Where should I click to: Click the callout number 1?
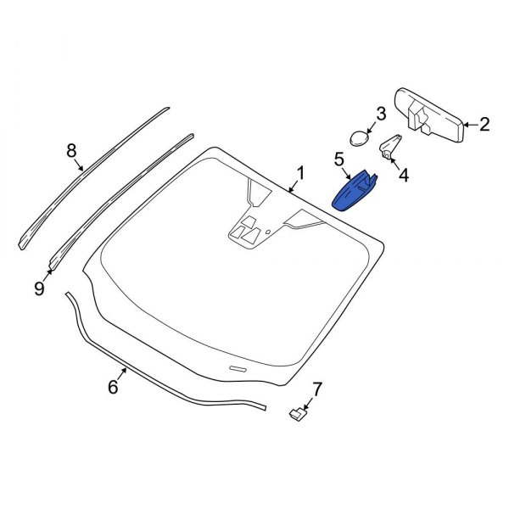pyautogui.click(x=300, y=173)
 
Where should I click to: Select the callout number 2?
pyautogui.click(x=484, y=125)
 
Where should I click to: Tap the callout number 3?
pyautogui.click(x=380, y=114)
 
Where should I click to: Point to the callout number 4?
pyautogui.click(x=404, y=176)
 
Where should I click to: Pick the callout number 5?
pyautogui.click(x=338, y=159)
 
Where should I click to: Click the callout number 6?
pyautogui.click(x=113, y=387)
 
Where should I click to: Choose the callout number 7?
pyautogui.click(x=316, y=389)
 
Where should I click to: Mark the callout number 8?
pyautogui.click(x=71, y=151)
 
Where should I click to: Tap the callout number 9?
pyautogui.click(x=39, y=288)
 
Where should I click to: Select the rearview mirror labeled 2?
pyautogui.click(x=430, y=115)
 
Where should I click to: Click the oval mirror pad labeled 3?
pyautogui.click(x=359, y=138)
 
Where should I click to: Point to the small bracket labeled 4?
pyautogui.click(x=389, y=147)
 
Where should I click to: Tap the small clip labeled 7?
pyautogui.click(x=298, y=414)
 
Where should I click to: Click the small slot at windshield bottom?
pyautogui.click(x=238, y=368)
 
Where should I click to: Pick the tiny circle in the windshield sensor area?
pyautogui.click(x=268, y=232)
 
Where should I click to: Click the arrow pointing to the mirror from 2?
pyautogui.click(x=471, y=125)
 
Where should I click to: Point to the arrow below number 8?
pyautogui.click(x=79, y=165)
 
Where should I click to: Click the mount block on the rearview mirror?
pyautogui.click(x=419, y=117)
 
